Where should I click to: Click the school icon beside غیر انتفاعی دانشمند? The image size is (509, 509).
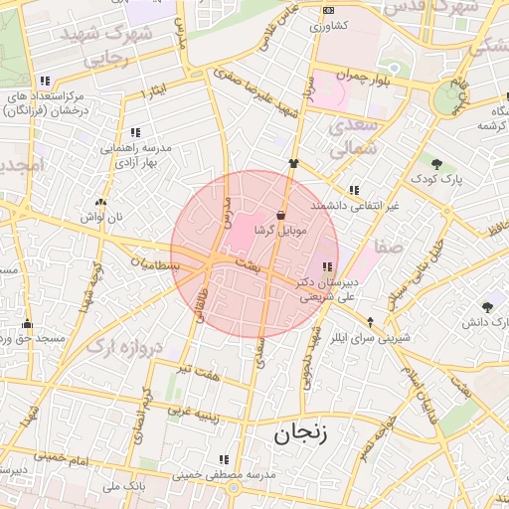click(x=354, y=190)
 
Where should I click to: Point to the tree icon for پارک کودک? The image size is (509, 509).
click(x=437, y=163)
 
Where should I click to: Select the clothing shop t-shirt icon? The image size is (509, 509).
click(x=293, y=163)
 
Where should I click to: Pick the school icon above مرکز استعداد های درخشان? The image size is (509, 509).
click(x=44, y=82)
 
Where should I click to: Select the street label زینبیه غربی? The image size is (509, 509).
click(x=185, y=409)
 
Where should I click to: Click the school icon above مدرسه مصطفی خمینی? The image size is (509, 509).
click(x=224, y=459)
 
